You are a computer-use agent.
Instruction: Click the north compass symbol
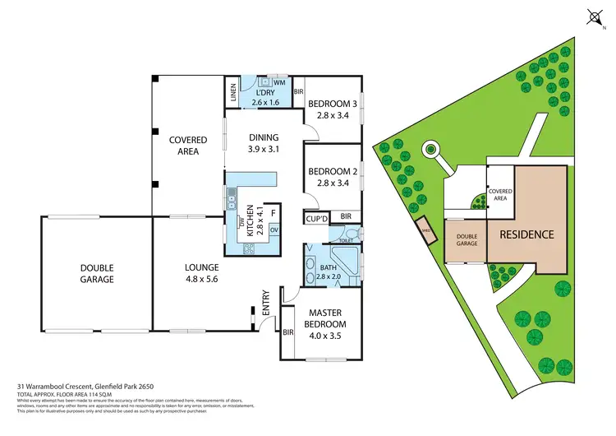595,17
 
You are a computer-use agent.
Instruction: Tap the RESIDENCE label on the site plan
526,234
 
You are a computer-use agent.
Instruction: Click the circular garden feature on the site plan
429,150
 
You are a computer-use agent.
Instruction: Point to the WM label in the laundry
279,83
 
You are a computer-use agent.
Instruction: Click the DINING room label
264,137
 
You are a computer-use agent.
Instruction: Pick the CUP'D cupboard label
317,219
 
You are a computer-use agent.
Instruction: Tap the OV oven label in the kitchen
274,230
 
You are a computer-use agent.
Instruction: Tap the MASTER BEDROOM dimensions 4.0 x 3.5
326,324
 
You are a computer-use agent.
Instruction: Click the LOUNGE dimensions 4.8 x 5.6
201,279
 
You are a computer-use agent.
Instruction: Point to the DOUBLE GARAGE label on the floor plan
97,273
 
